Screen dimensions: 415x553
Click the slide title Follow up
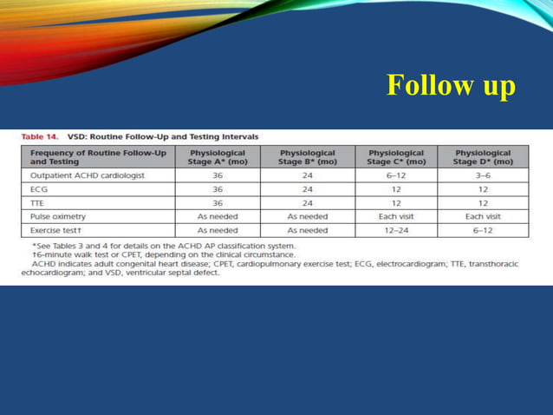451,85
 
